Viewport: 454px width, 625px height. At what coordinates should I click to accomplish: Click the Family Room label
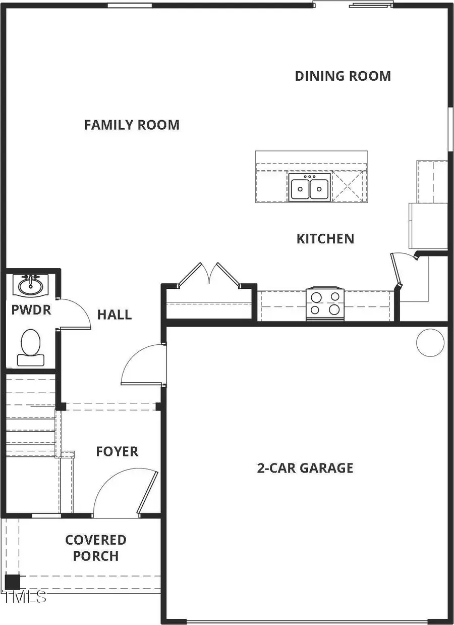click(132, 125)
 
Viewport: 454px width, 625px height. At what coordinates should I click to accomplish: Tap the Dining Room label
click(343, 76)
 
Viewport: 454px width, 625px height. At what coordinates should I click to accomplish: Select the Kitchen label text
click(325, 238)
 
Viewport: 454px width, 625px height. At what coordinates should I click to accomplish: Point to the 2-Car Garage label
click(305, 468)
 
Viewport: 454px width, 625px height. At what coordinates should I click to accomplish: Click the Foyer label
click(117, 451)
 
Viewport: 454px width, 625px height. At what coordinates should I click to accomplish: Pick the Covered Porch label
click(95, 548)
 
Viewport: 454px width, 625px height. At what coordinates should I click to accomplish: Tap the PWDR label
click(31, 309)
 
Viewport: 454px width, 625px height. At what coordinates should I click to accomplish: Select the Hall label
click(115, 315)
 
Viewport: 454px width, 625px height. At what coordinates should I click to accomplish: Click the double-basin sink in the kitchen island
click(309, 188)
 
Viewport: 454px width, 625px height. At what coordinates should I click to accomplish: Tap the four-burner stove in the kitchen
click(325, 303)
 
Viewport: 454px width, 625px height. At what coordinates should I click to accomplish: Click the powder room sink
click(30, 286)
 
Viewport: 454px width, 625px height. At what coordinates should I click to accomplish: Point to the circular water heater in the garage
click(430, 342)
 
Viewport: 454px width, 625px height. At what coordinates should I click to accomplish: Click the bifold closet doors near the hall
click(209, 276)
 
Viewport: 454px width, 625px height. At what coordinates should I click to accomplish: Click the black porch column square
click(13, 582)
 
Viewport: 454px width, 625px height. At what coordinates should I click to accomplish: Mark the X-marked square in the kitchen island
click(349, 187)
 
